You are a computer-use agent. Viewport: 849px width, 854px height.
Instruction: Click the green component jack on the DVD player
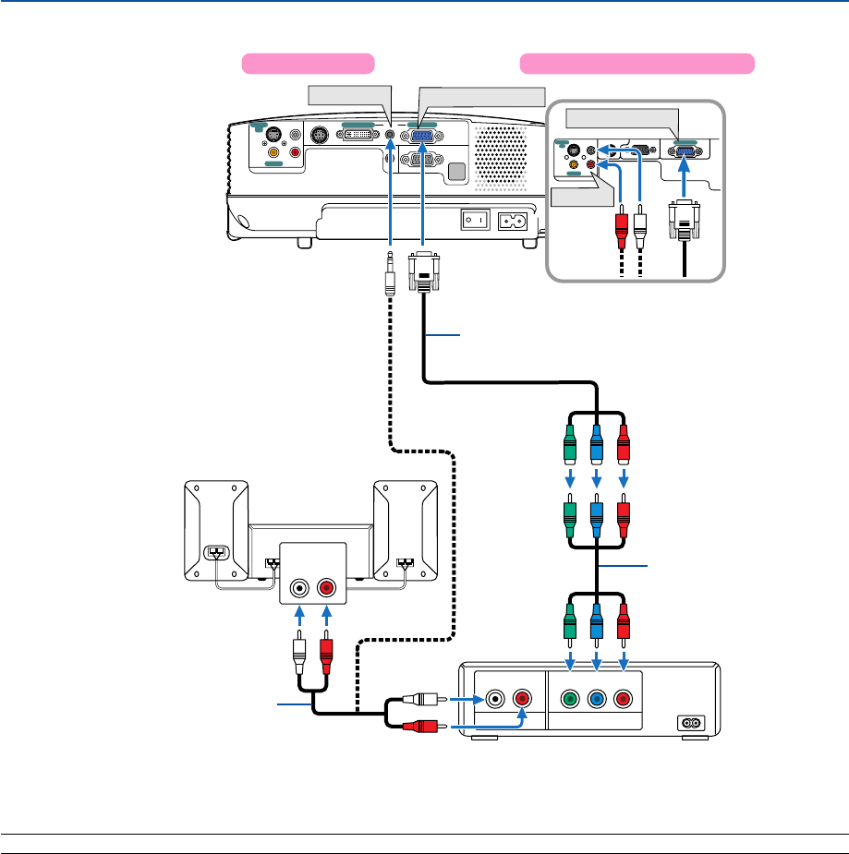click(570, 699)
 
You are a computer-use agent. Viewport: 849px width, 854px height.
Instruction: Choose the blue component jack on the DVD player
click(598, 699)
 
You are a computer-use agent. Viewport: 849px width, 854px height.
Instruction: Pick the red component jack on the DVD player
click(625, 699)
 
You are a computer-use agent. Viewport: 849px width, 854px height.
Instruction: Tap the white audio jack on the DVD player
click(496, 698)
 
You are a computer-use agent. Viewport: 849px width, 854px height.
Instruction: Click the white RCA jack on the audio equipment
click(300, 587)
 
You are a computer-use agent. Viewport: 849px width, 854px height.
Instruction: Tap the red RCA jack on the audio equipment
click(325, 587)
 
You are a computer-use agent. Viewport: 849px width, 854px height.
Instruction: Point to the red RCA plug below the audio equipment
click(325, 652)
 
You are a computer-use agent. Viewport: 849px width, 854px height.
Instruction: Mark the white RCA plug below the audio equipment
click(300, 652)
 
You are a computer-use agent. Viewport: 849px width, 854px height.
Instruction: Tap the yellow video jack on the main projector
click(273, 152)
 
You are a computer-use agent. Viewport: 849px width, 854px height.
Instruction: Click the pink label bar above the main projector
click(308, 64)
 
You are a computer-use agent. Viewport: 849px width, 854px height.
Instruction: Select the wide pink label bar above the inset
click(637, 64)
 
